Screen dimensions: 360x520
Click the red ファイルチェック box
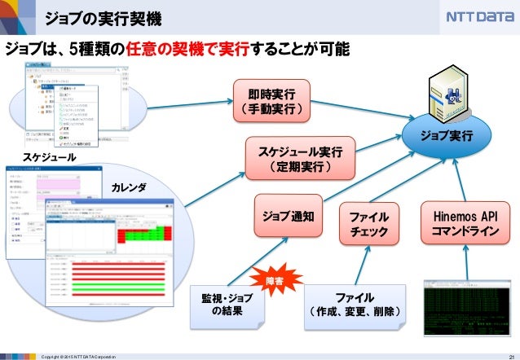(368, 223)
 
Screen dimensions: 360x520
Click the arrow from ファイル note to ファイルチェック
(360, 264)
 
